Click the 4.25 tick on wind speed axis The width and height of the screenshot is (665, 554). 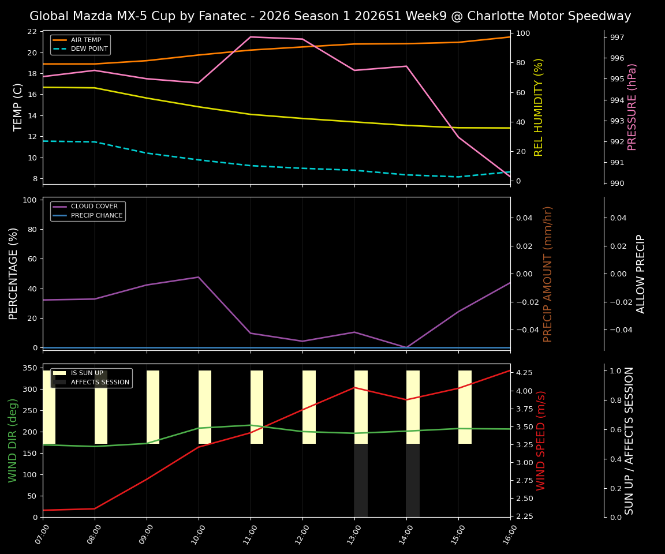coord(524,373)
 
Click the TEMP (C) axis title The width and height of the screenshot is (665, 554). coord(18,107)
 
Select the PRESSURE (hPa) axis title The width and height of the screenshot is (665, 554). coord(632,107)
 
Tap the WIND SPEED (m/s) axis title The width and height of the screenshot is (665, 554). coord(541,440)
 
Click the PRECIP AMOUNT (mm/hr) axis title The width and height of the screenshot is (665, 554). coord(548,274)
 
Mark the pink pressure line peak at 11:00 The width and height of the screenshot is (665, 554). coord(251,37)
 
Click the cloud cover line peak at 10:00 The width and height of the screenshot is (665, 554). coord(199,277)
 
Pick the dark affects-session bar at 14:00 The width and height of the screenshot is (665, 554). coord(413,480)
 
